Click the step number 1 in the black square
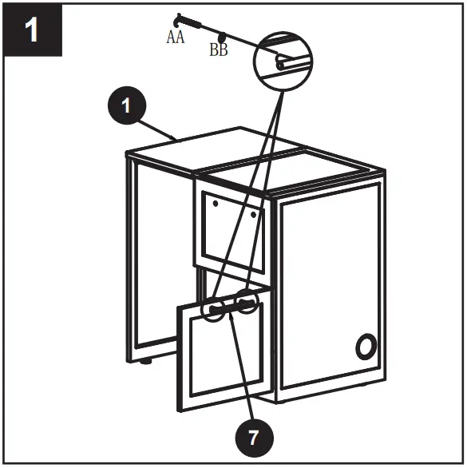tap(32, 31)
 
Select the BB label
tap(218, 50)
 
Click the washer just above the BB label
tap(223, 37)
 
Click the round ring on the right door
tap(366, 347)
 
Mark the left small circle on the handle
tap(213, 309)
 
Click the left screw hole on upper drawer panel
tap(216, 204)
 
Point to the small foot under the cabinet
tap(146, 362)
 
